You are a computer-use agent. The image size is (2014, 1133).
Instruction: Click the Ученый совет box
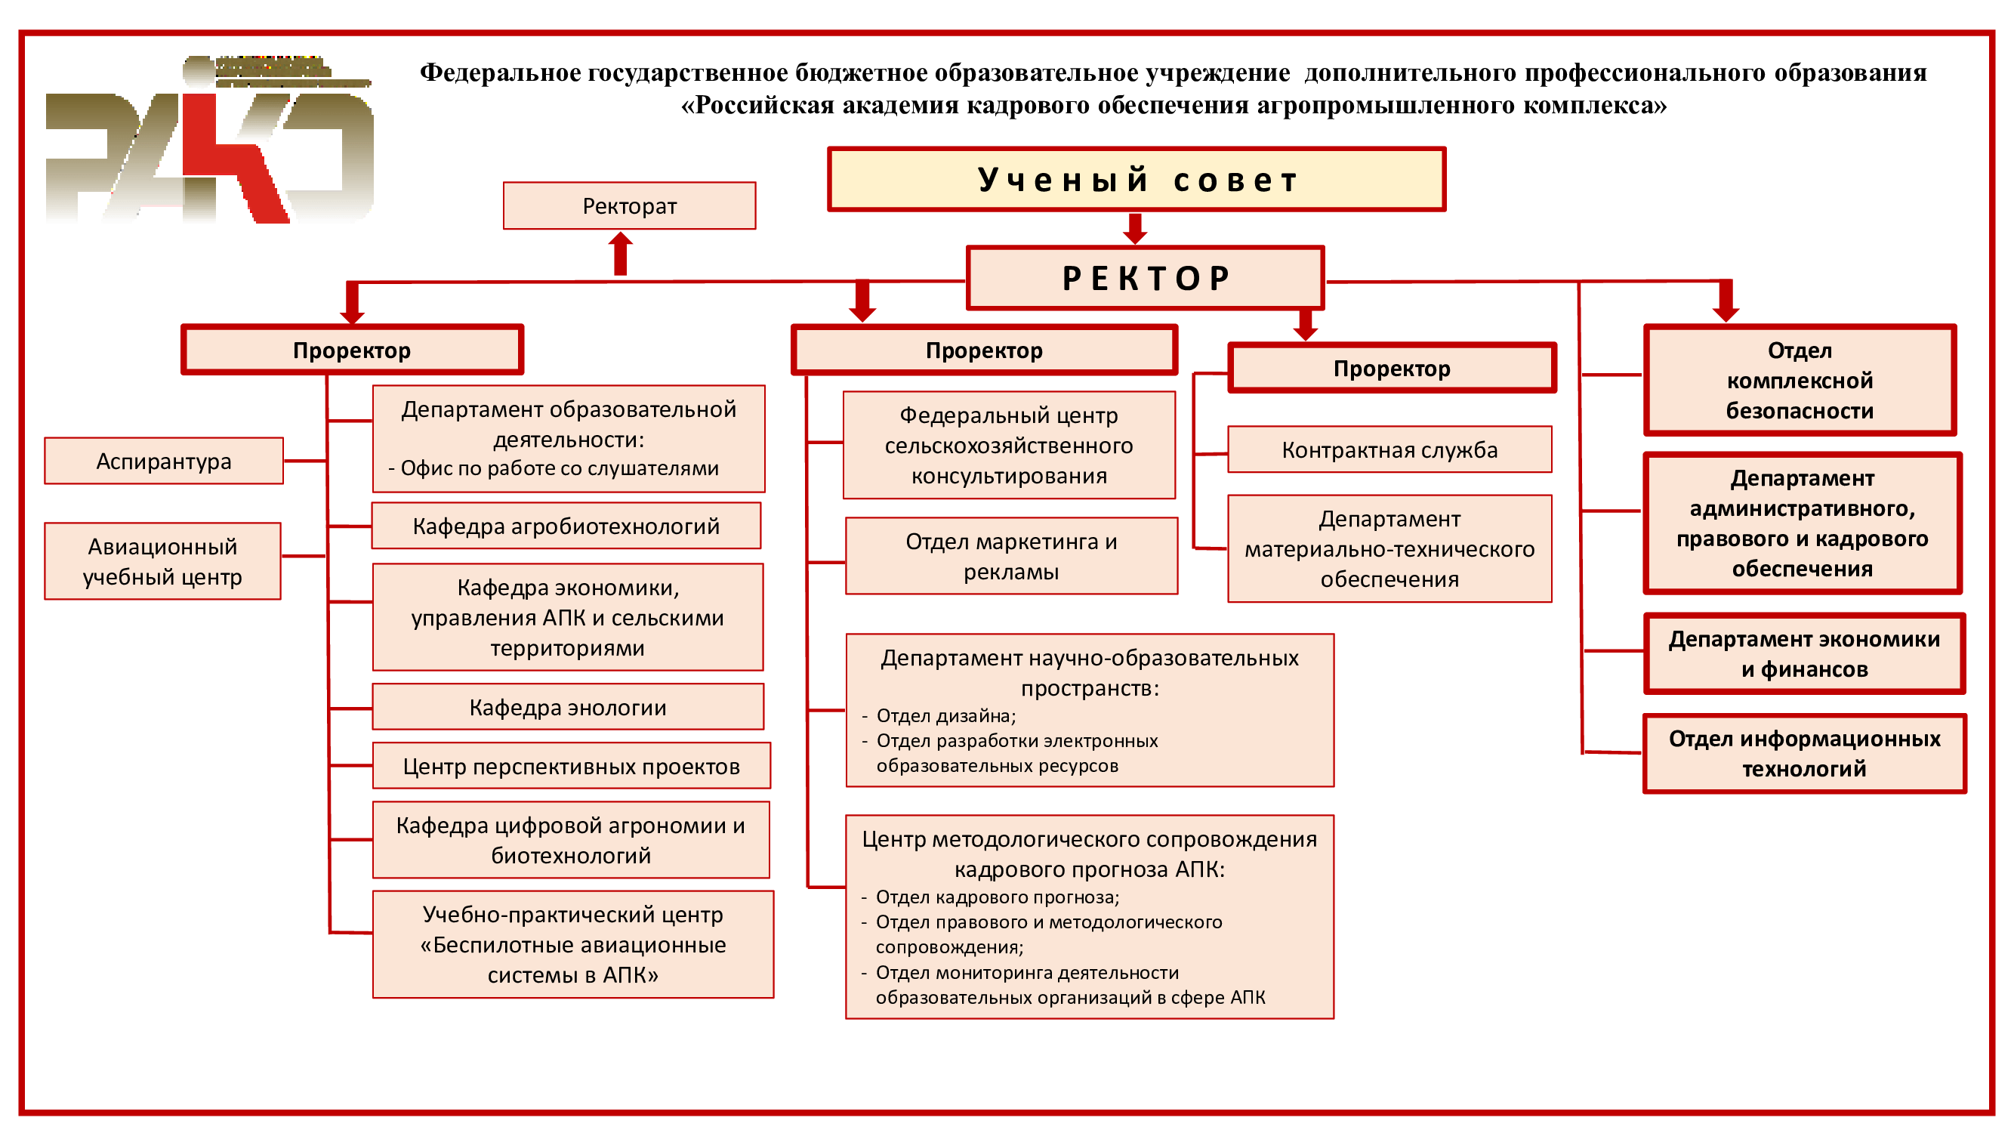[1136, 179]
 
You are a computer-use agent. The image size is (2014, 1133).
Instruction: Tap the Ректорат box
[629, 205]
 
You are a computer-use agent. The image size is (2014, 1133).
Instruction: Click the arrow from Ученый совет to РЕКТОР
[1134, 228]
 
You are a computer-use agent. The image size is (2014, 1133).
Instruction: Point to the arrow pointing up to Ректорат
[621, 253]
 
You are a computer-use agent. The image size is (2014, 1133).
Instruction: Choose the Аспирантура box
[163, 461]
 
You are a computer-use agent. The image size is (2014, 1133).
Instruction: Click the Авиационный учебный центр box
[162, 560]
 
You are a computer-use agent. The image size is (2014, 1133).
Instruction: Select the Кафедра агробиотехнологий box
[566, 526]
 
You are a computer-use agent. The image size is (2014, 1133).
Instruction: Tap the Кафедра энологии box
[568, 707]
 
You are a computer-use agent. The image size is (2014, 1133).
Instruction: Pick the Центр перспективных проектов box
[572, 765]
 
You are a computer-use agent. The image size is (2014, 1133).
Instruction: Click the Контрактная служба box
[1389, 449]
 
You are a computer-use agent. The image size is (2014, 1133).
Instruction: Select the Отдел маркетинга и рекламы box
[1011, 556]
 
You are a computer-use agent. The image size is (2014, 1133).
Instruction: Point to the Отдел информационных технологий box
[1805, 753]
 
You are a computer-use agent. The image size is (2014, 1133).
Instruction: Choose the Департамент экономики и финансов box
[1805, 653]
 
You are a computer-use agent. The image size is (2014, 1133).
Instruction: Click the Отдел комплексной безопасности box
[1800, 380]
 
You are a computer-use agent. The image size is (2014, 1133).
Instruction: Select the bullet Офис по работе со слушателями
[553, 468]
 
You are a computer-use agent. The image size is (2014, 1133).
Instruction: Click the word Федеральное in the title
[501, 73]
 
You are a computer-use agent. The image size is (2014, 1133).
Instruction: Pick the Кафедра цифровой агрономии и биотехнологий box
[571, 840]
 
